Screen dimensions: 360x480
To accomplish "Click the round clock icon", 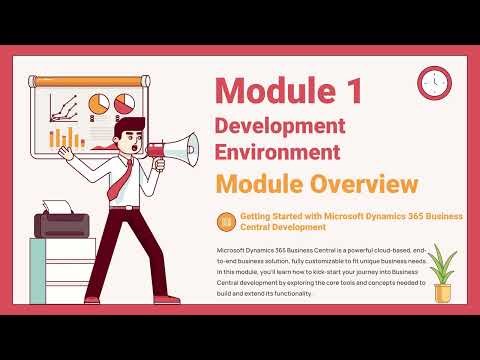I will tap(435, 82).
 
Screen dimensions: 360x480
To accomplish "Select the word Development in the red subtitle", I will tap(280, 127).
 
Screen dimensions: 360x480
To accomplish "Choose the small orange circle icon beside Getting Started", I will tap(226, 220).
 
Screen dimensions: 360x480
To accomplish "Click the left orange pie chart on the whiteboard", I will tap(99, 103).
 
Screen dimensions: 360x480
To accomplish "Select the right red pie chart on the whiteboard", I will tap(124, 103).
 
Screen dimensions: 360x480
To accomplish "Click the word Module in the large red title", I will tap(277, 90).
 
